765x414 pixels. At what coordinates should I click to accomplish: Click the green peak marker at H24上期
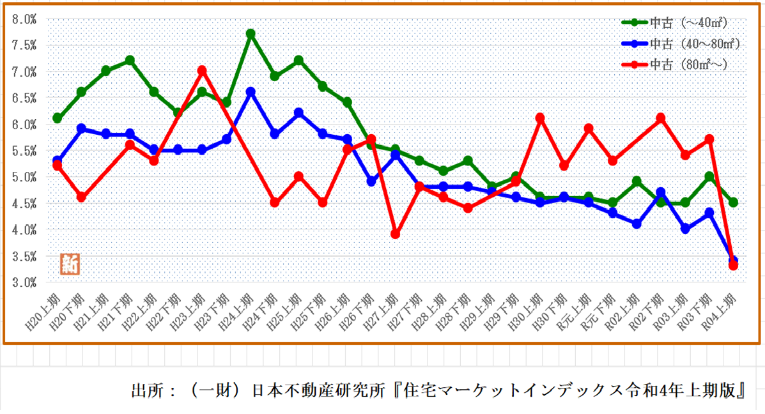pyautogui.click(x=251, y=34)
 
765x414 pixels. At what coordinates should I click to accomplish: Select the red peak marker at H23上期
pyautogui.click(x=202, y=70)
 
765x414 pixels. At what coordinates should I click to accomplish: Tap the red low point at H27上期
pyautogui.click(x=395, y=234)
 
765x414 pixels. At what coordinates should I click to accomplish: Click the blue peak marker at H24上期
pyautogui.click(x=251, y=92)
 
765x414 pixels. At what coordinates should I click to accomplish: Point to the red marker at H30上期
pyautogui.click(x=539, y=118)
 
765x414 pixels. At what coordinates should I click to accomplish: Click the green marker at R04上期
pyautogui.click(x=733, y=203)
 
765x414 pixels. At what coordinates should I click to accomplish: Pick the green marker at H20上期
pyautogui.click(x=58, y=118)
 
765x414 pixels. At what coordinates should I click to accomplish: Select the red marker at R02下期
pyautogui.click(x=661, y=118)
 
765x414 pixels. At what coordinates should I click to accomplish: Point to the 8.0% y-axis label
pyautogui.click(x=24, y=19)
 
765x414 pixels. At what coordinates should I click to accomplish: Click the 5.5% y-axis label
pyautogui.click(x=24, y=151)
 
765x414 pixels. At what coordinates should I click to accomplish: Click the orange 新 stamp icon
pyautogui.click(x=70, y=264)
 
